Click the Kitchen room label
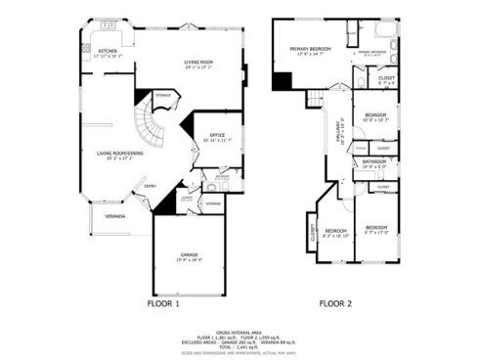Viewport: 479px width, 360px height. (107, 52)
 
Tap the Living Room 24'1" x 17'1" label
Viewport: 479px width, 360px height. (198, 65)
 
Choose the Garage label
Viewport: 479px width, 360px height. (189, 255)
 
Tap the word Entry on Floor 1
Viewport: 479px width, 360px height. (150, 186)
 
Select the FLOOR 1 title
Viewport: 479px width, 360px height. (163, 304)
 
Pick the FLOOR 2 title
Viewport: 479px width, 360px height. (335, 304)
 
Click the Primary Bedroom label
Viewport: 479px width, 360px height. (310, 50)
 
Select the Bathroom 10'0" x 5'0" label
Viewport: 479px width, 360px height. (374, 163)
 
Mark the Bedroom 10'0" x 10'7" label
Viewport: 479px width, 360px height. (375, 117)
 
